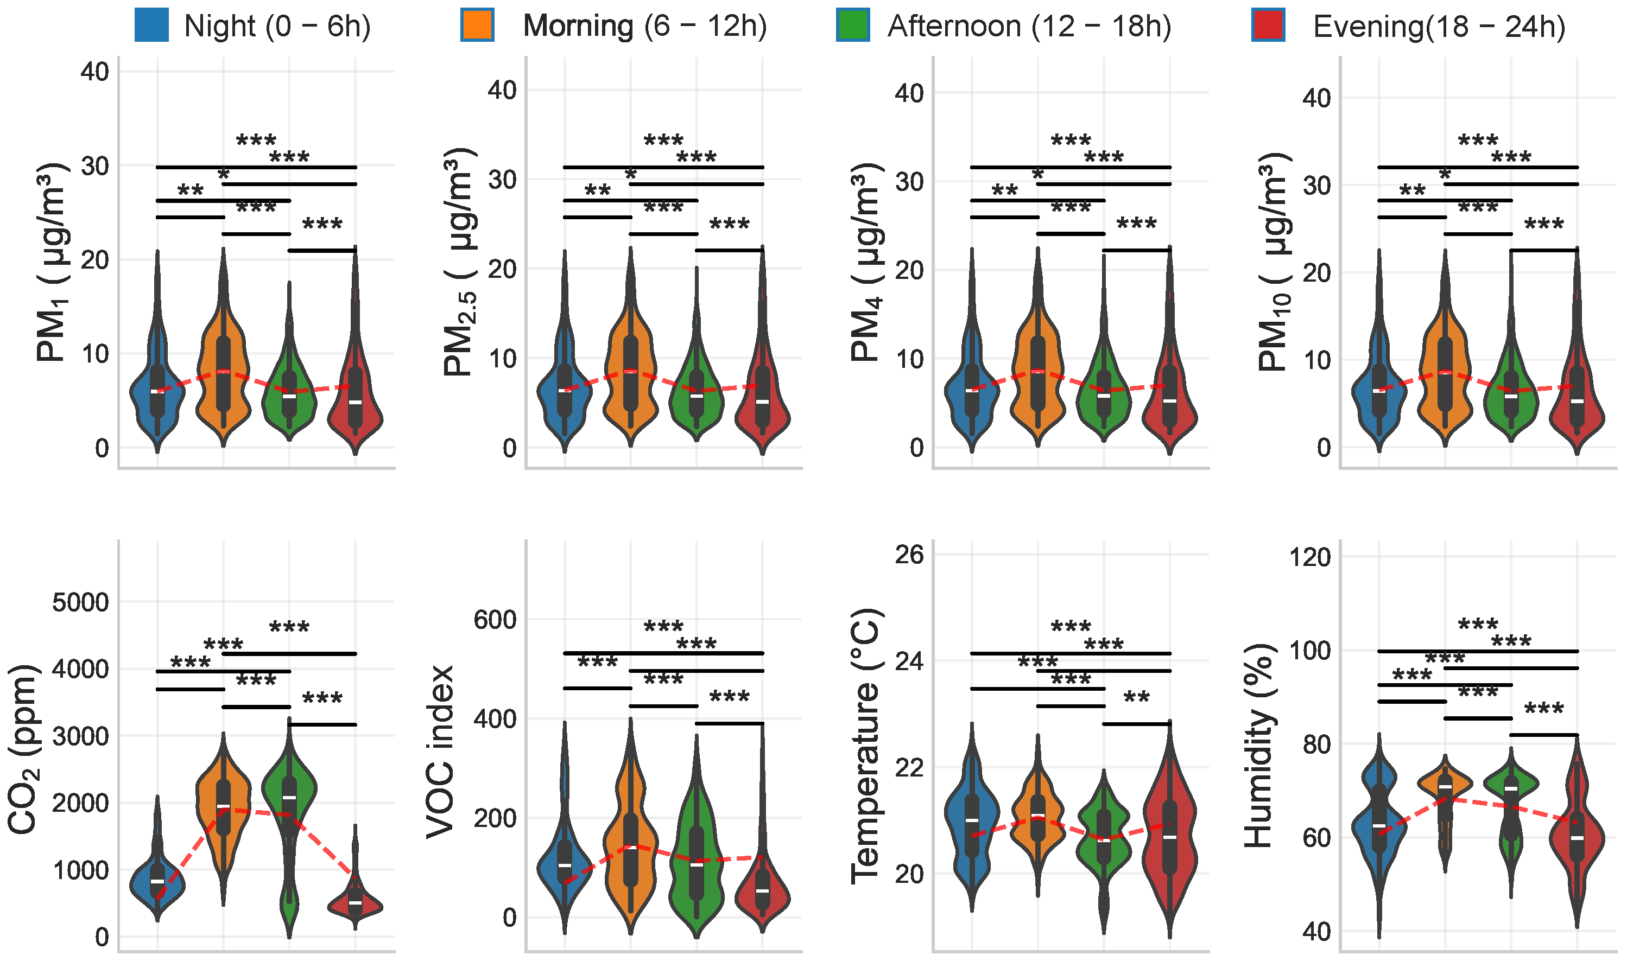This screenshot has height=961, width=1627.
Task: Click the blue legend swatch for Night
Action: pyautogui.click(x=151, y=26)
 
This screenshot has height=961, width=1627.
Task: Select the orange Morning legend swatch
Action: pyautogui.click(x=477, y=26)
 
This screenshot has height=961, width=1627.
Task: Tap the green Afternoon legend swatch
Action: pyautogui.click(x=853, y=26)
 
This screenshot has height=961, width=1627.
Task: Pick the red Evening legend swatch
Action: pyautogui.click(x=1268, y=26)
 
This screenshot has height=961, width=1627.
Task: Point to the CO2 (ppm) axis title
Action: pyautogui.click(x=24, y=748)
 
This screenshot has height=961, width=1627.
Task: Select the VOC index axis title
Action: pyautogui.click(x=441, y=751)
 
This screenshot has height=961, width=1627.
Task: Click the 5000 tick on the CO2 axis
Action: pyautogui.click(x=80, y=602)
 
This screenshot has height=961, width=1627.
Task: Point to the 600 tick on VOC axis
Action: pyautogui.click(x=495, y=620)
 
